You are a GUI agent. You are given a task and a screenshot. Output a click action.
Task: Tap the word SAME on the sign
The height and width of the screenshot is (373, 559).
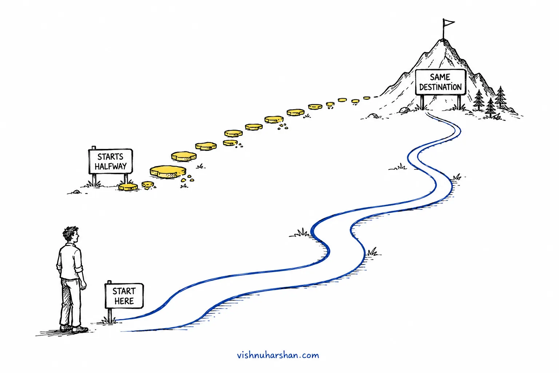[440, 77]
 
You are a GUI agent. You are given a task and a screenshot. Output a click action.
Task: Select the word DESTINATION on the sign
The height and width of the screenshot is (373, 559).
[440, 87]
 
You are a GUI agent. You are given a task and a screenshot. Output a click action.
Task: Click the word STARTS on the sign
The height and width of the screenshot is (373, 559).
[110, 157]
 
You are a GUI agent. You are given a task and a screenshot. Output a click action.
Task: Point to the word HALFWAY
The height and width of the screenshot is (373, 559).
[111, 166]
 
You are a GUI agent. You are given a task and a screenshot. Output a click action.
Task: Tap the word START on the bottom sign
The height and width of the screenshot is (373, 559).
[124, 291]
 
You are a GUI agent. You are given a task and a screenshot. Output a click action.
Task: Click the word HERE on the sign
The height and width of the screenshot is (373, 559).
[124, 301]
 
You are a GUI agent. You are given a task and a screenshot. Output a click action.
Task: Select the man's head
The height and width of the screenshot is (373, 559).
[71, 234]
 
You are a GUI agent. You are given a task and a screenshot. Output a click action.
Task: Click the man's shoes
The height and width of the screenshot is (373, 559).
[74, 329]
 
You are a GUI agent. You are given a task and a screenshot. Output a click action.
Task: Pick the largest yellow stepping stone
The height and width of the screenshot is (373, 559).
[168, 172]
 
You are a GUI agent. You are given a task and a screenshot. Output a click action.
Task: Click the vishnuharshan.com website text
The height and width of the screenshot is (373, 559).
[278, 355]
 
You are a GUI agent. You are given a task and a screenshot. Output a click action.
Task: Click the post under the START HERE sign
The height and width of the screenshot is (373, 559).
[110, 315]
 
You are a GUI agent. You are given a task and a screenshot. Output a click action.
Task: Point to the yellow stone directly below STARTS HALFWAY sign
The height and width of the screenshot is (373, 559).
[128, 187]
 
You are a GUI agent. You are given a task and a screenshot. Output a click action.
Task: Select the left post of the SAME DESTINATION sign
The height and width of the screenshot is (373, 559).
[422, 102]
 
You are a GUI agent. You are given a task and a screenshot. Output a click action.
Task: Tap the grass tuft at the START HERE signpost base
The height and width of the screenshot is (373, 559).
[109, 320]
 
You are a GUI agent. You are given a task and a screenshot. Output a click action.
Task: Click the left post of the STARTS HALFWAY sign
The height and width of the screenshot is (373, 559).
[94, 180]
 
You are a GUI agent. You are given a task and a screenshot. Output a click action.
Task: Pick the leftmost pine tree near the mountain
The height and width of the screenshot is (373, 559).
[479, 100]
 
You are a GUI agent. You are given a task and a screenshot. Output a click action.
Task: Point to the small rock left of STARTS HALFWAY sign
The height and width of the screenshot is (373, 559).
[76, 192]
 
